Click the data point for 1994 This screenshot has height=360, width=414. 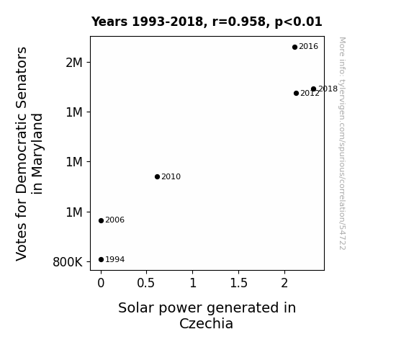click(101, 260)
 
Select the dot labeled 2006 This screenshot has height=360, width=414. click(101, 220)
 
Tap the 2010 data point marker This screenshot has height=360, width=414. click(157, 176)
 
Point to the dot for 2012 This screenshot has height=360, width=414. click(296, 93)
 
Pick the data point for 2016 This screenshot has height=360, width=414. click(294, 47)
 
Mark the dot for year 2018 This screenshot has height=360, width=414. click(313, 89)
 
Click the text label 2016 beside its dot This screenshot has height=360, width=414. click(308, 47)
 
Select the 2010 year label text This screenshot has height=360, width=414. click(171, 176)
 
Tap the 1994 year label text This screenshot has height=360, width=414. click(115, 260)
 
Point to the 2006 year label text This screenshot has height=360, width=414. click(115, 220)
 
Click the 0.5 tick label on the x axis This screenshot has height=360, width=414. click(145, 283)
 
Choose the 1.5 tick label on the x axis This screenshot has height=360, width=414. click(238, 283)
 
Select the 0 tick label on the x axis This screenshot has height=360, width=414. click(101, 283)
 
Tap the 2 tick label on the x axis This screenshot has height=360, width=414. click(284, 283)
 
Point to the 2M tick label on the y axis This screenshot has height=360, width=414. click(74, 63)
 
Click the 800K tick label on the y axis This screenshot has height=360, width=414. click(68, 262)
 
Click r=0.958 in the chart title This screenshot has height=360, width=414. click(240, 22)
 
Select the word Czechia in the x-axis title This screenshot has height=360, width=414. click(206, 323)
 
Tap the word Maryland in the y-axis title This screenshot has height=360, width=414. click(37, 154)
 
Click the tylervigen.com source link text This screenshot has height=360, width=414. click(342, 143)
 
